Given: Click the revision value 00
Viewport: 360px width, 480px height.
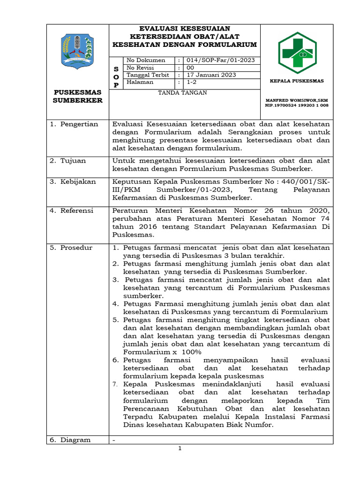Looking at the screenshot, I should (191, 67).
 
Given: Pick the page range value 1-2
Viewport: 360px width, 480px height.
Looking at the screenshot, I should (192, 82).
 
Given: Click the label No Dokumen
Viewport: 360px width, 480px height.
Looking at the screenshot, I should (146, 60).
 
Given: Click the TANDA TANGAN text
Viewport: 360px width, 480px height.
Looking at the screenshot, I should (183, 93).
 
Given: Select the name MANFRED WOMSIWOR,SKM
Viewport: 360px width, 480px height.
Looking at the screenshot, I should (296, 100).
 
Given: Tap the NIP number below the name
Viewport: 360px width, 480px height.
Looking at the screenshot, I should (296, 105).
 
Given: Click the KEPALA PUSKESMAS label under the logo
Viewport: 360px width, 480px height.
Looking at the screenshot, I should (296, 81).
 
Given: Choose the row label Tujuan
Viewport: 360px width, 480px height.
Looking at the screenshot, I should (73, 161).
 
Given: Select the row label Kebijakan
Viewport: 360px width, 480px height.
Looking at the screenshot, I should (78, 181).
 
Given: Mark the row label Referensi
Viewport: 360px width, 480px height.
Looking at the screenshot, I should (77, 210).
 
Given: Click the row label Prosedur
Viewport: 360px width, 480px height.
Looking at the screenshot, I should (76, 247).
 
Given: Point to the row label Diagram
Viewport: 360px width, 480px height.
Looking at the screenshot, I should (75, 440).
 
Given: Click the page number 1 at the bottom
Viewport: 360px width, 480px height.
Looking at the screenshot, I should (180, 449).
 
